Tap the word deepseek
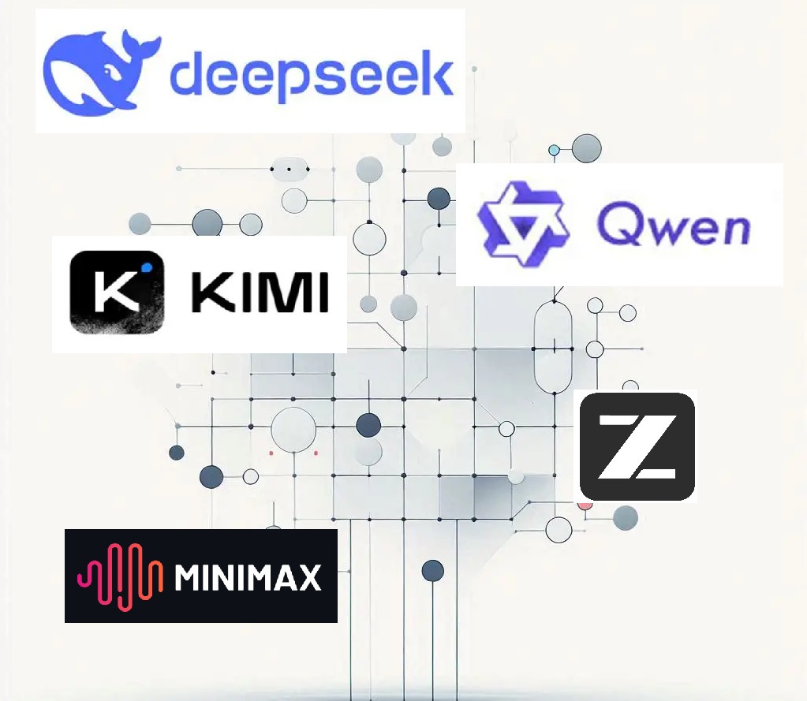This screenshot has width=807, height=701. (312, 76)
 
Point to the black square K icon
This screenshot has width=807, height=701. (117, 293)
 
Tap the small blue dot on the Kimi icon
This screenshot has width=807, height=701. (147, 266)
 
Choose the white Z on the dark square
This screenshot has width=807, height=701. (637, 447)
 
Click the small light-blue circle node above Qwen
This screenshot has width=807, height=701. (554, 150)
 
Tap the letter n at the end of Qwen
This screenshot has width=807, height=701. (733, 229)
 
